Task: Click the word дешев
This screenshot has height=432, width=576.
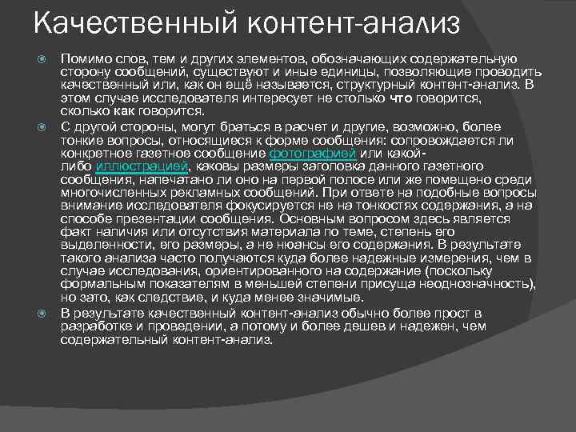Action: pos(371,324)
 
